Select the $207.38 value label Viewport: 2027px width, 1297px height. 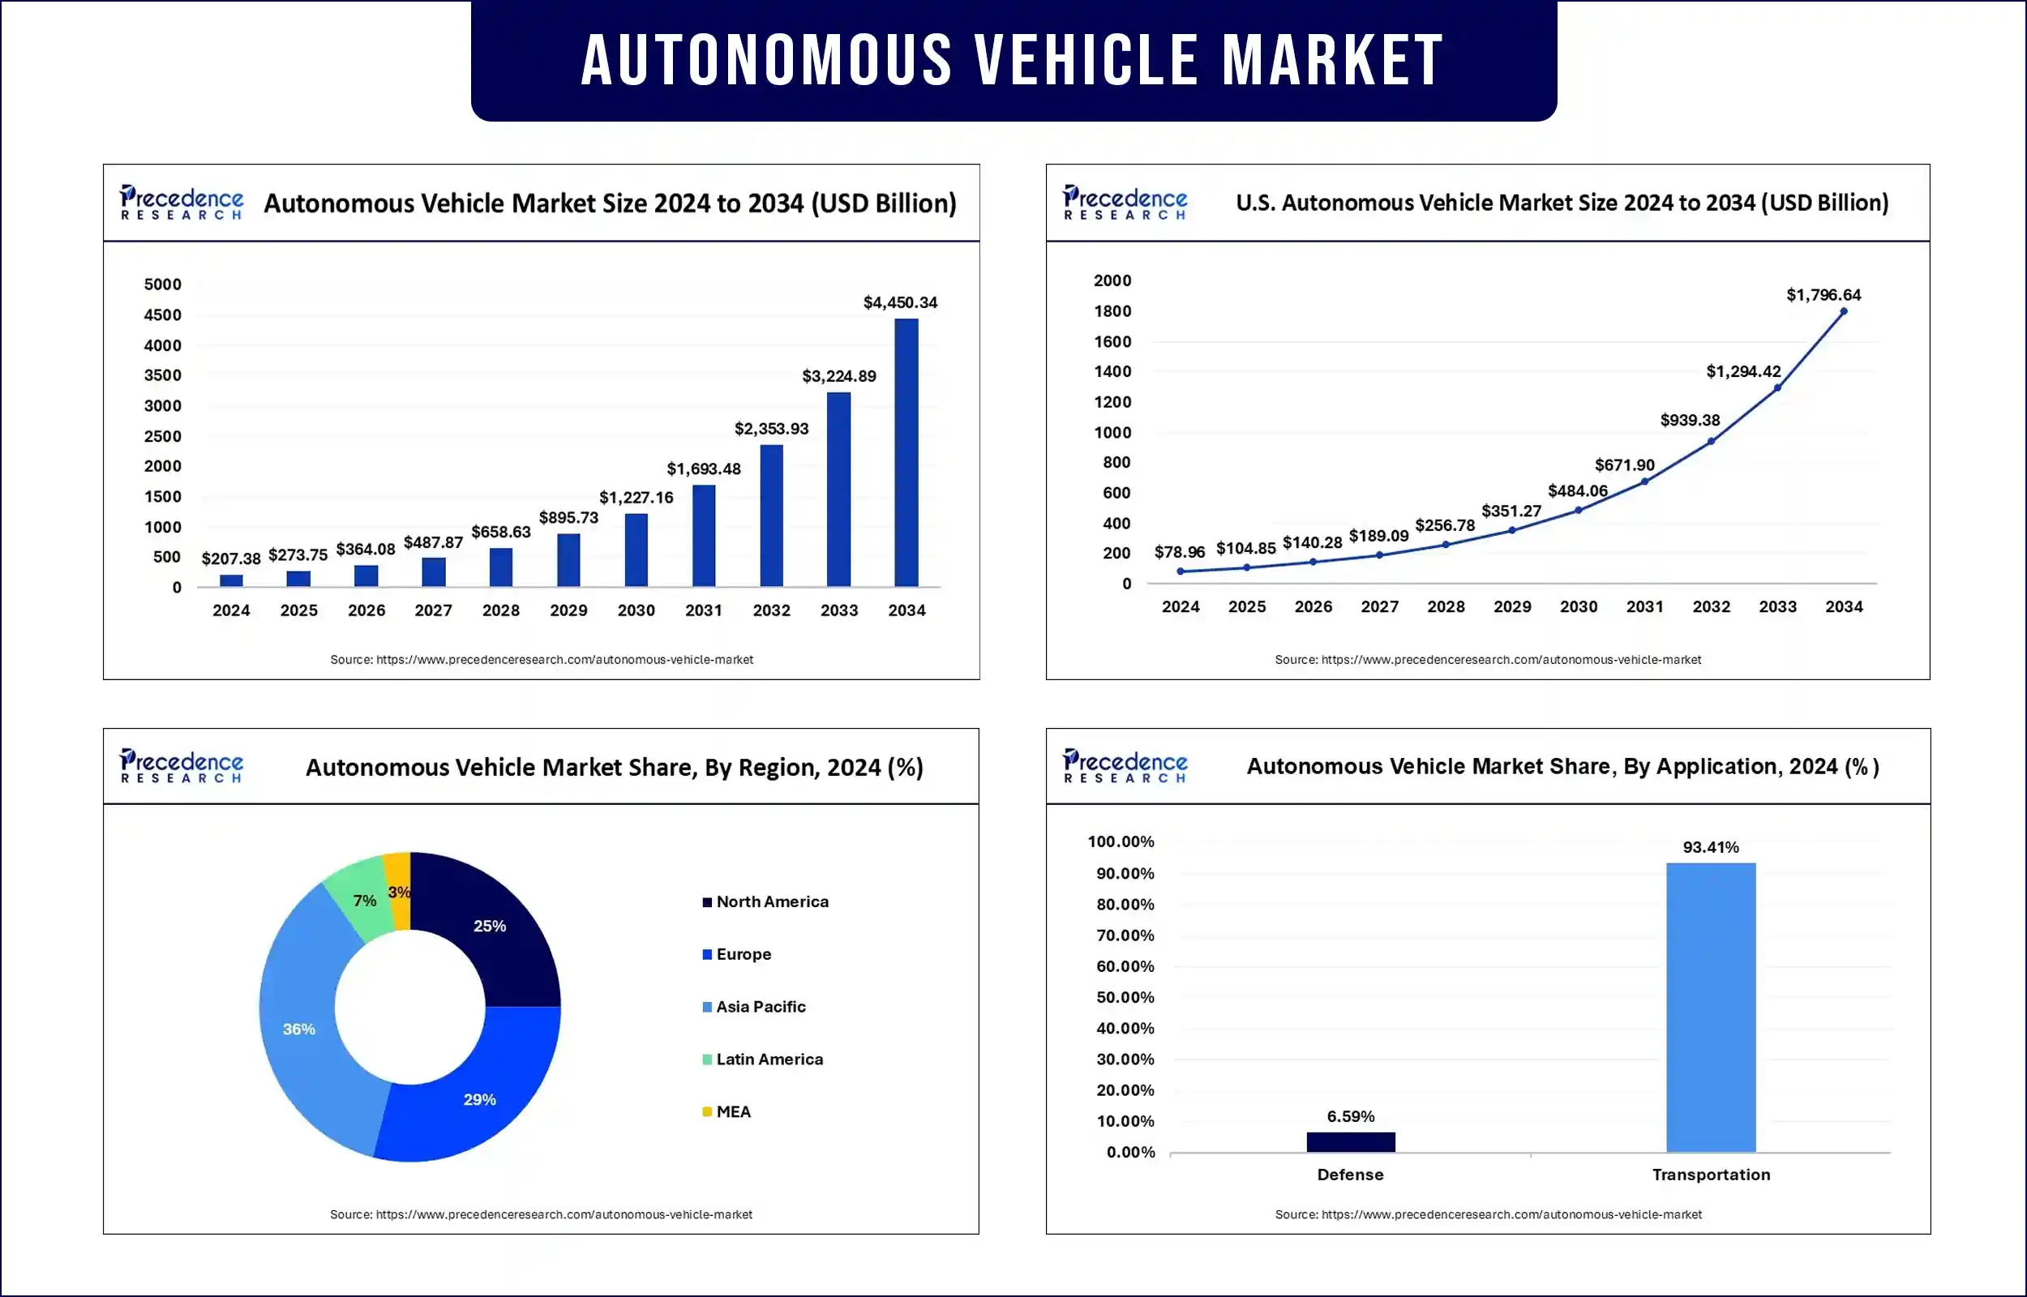tap(231, 559)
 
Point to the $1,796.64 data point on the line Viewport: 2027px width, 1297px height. tap(1844, 311)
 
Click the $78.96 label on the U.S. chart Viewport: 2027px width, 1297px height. tap(1179, 553)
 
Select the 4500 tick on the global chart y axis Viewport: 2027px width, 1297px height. tap(162, 315)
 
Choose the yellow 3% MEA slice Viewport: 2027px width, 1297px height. tap(398, 889)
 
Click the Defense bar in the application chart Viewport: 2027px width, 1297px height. tap(1351, 1142)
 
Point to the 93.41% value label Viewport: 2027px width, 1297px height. tap(1710, 847)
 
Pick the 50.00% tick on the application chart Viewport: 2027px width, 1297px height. tap(1125, 997)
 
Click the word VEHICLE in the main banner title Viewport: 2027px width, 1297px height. tap(1086, 61)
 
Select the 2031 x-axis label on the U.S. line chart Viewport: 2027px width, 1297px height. tap(1644, 606)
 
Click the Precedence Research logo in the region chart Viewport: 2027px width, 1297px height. tap(181, 765)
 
